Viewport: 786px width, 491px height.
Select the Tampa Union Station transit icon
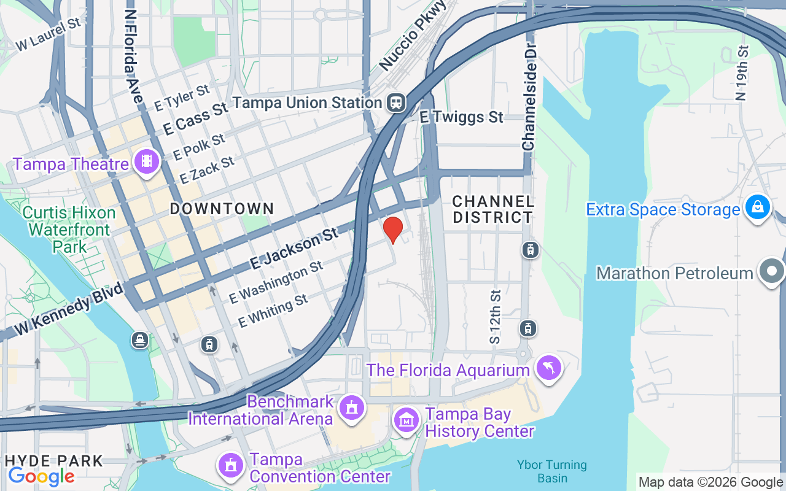[396, 102]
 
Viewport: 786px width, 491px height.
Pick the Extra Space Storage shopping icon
[758, 207]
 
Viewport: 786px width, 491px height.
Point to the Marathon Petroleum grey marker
[771, 271]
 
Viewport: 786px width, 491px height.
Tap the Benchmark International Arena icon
[351, 407]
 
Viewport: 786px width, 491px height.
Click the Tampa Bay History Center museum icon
[407, 420]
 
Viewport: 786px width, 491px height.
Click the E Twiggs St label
[461, 117]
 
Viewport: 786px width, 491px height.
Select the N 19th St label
[743, 73]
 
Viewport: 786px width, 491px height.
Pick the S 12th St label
[496, 317]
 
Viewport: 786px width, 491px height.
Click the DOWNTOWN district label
[222, 209]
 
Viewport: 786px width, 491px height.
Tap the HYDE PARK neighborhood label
[54, 460]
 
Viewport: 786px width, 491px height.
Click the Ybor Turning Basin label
[551, 471]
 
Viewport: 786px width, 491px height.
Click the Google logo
[41, 476]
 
